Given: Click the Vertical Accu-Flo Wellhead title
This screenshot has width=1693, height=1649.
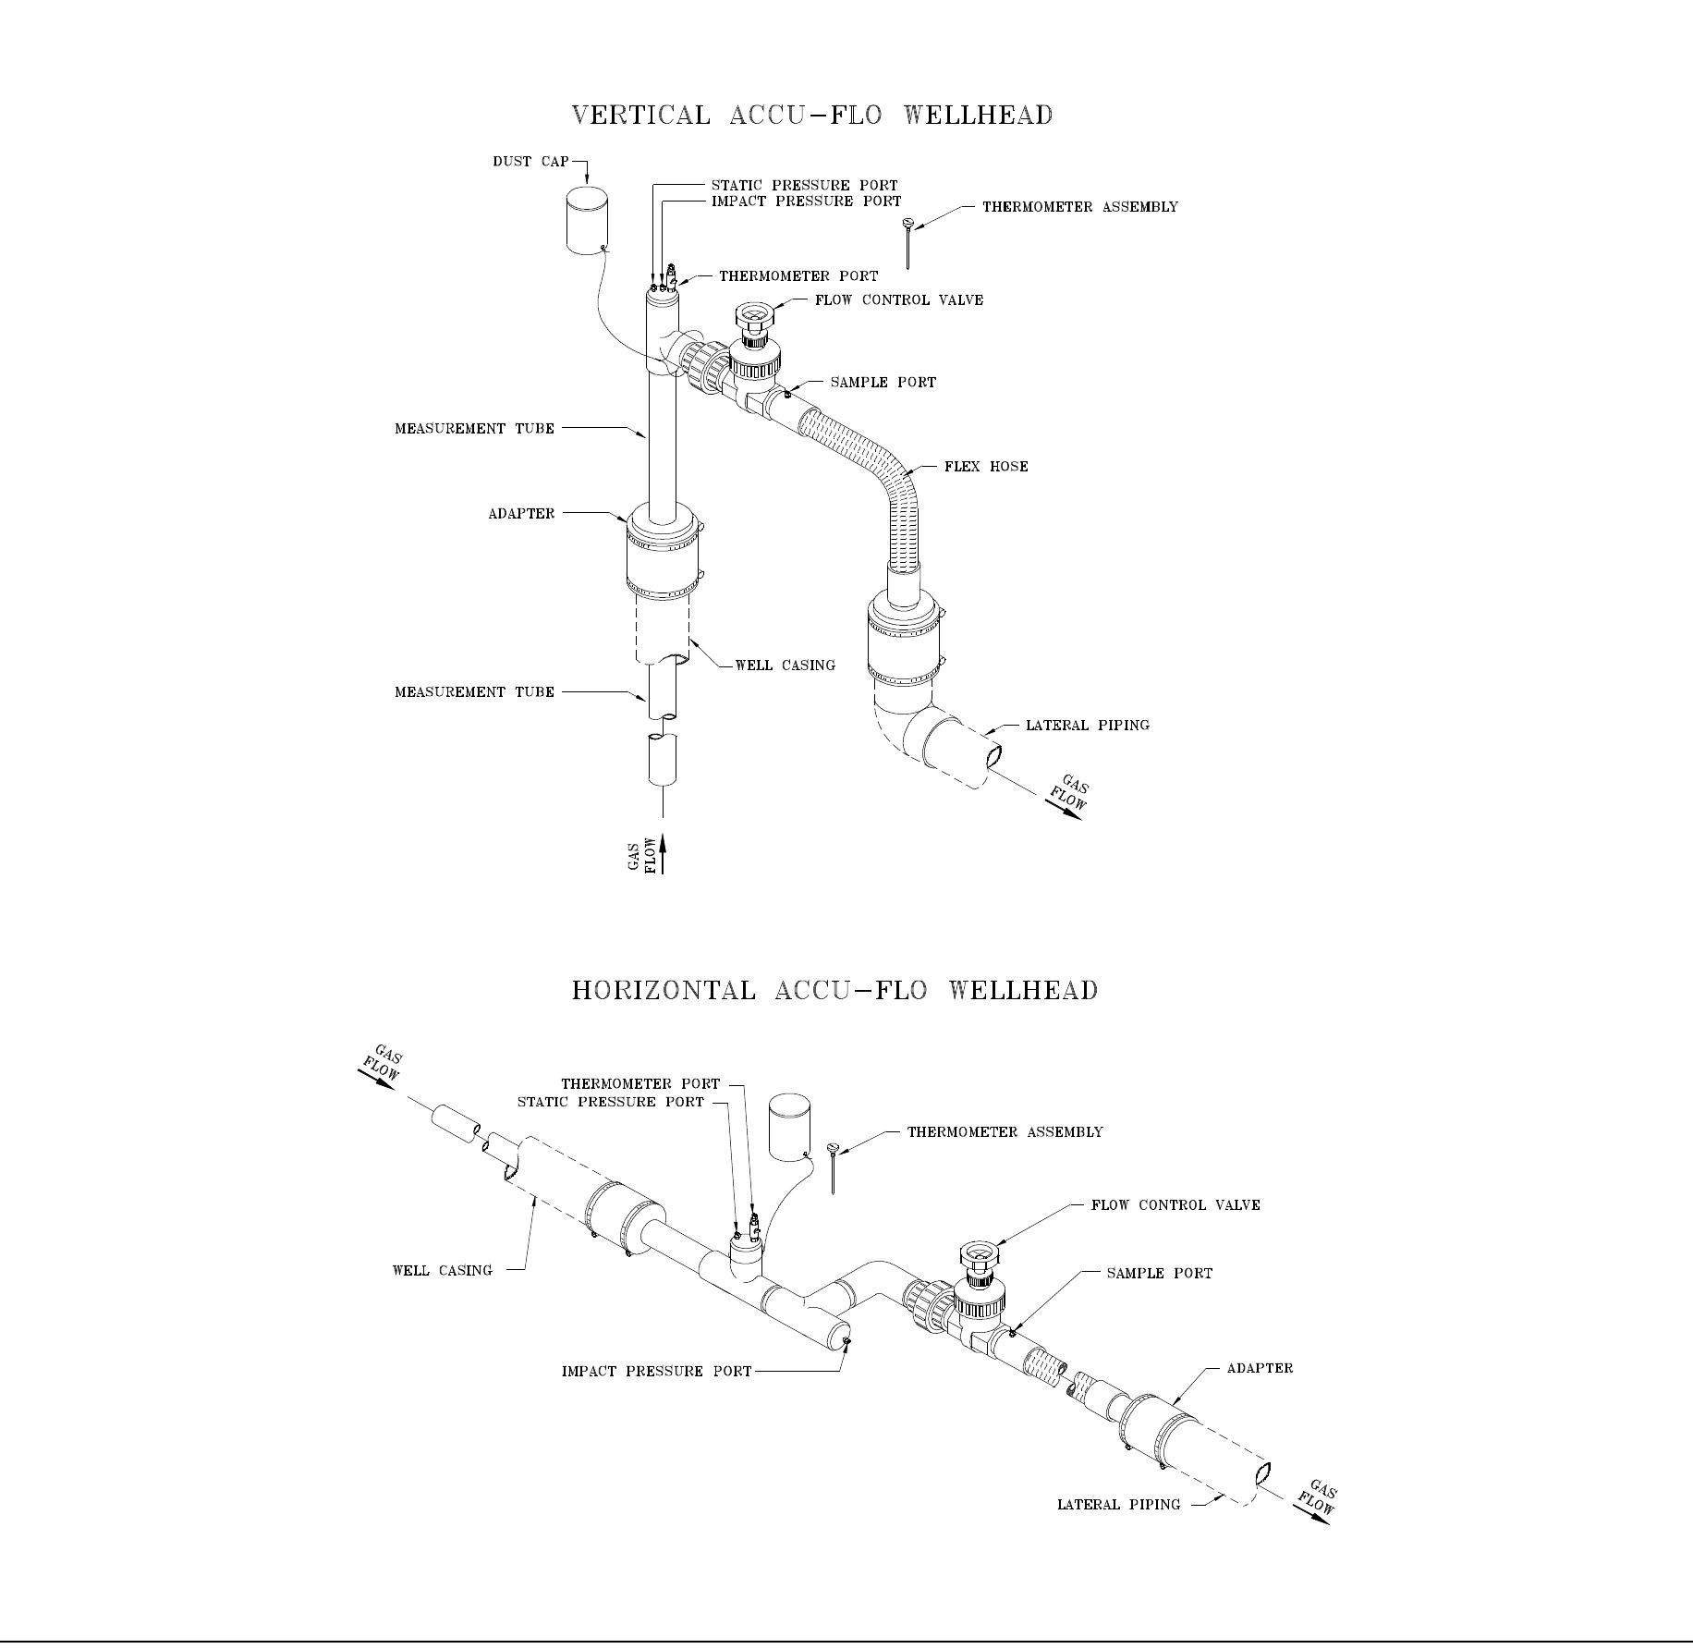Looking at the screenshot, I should click(812, 116).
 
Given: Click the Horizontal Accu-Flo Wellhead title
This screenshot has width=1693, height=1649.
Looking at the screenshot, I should click(834, 990).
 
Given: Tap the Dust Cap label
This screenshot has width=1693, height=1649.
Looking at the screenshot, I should click(530, 162).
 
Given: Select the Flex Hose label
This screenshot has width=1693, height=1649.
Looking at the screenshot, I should click(986, 467).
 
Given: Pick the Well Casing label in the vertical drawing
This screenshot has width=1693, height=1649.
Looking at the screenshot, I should click(785, 666).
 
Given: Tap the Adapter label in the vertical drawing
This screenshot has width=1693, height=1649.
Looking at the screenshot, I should click(521, 514).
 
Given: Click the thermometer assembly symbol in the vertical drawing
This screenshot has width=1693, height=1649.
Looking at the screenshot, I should click(908, 242).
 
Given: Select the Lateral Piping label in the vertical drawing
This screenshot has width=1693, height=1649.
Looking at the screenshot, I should click(1088, 726).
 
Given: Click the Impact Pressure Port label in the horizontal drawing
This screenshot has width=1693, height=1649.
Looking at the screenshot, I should click(656, 1372).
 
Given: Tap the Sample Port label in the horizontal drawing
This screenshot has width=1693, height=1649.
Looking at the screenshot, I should click(1159, 1274).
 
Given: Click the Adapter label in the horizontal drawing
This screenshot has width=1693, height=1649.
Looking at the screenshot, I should click(1260, 1368).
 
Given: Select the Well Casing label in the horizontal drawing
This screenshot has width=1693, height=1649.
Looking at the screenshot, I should click(443, 1271).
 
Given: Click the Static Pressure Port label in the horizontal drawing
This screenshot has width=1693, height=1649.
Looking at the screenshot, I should click(610, 1103).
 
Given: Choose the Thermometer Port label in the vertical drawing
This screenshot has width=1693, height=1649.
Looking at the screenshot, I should click(798, 276).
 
